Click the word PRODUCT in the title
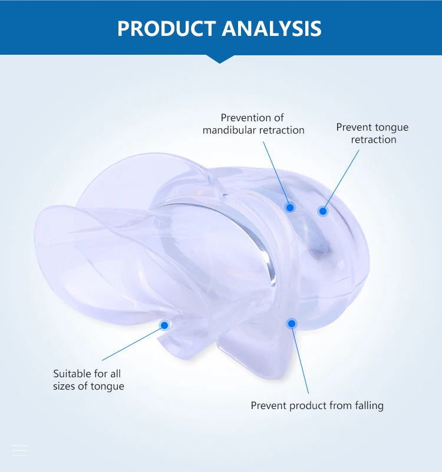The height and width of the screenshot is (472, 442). tap(167, 29)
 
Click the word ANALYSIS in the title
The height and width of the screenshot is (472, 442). tap(272, 29)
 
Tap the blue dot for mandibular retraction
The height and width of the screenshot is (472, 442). tap(290, 208)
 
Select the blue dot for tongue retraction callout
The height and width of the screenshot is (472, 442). tap(323, 211)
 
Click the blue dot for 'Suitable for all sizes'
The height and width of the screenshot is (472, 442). tap(164, 325)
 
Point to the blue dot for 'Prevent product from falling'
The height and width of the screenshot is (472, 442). tap(292, 324)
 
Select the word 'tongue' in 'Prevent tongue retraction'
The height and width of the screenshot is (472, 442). tap(392, 128)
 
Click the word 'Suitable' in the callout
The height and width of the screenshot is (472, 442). tap(72, 374)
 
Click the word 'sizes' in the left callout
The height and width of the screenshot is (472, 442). tap(64, 386)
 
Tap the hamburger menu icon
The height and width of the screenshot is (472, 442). tap(19, 450)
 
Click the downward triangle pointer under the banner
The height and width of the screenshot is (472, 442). tap(220, 59)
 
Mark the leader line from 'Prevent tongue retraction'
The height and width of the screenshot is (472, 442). tap(341, 180)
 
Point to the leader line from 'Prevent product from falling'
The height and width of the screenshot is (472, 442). tap(300, 358)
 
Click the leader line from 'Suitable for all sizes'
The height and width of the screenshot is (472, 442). tap(133, 343)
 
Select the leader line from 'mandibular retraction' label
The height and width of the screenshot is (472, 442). tap(276, 175)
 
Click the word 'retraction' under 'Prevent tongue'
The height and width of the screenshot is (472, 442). tap(374, 139)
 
